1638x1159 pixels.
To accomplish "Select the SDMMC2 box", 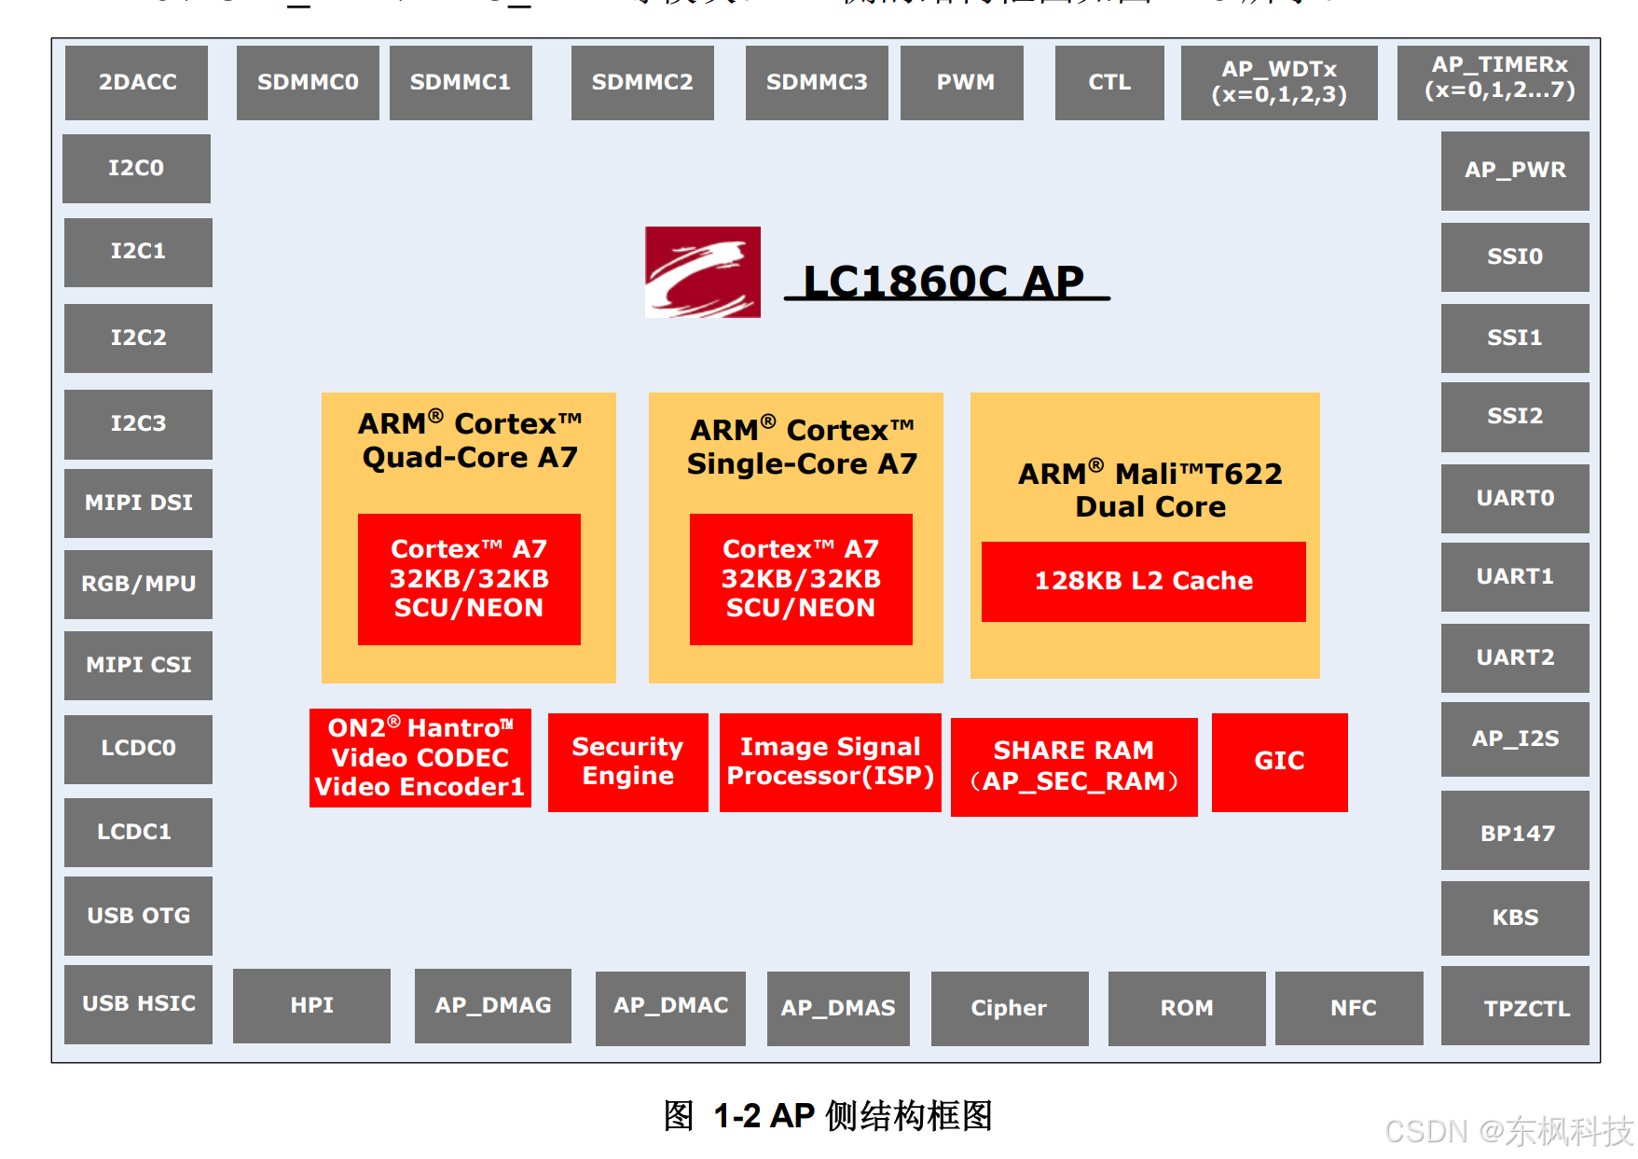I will point(642,82).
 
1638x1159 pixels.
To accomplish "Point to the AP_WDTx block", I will point(1278,82).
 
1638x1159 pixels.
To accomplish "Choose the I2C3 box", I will point(138,423).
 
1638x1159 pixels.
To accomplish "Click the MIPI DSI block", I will point(138,503).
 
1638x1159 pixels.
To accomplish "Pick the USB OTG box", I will point(138,915).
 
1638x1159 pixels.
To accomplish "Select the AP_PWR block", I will point(1514,170).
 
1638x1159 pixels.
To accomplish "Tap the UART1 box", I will point(1514,576).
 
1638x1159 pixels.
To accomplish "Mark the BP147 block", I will point(1514,832).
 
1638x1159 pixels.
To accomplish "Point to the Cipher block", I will point(1009,1007).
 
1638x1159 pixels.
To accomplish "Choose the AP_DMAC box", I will point(670,1007).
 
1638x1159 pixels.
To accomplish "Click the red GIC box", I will point(1279,761).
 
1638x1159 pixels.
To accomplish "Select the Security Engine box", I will point(627,761).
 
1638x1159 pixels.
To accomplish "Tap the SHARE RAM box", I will point(1073,766).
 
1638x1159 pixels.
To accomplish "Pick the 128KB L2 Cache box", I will point(1143,581).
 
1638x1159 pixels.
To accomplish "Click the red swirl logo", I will point(702,271).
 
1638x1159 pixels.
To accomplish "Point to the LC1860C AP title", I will point(945,281).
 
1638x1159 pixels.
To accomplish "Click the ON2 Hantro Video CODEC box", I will point(420,757).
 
